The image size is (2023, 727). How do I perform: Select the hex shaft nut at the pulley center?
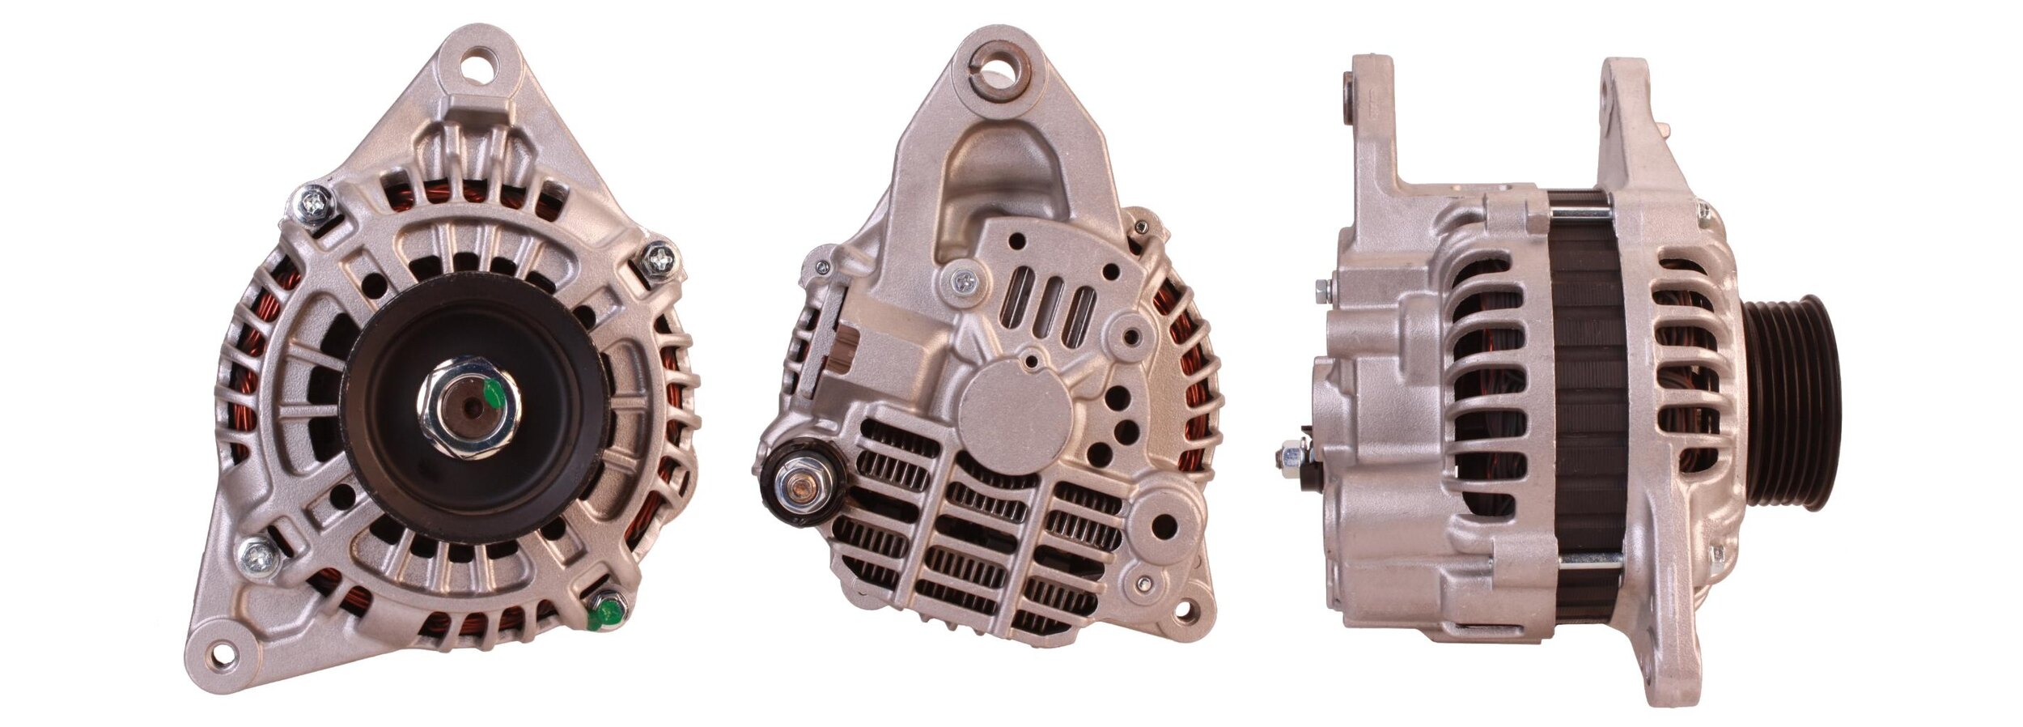click(469, 408)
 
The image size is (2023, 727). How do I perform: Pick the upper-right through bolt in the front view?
click(659, 259)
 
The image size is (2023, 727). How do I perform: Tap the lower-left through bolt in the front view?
click(260, 556)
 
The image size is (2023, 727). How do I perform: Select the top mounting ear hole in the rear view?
click(1001, 64)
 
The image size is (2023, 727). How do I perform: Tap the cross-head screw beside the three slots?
click(964, 282)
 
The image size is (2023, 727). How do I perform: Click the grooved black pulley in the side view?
click(1792, 402)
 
